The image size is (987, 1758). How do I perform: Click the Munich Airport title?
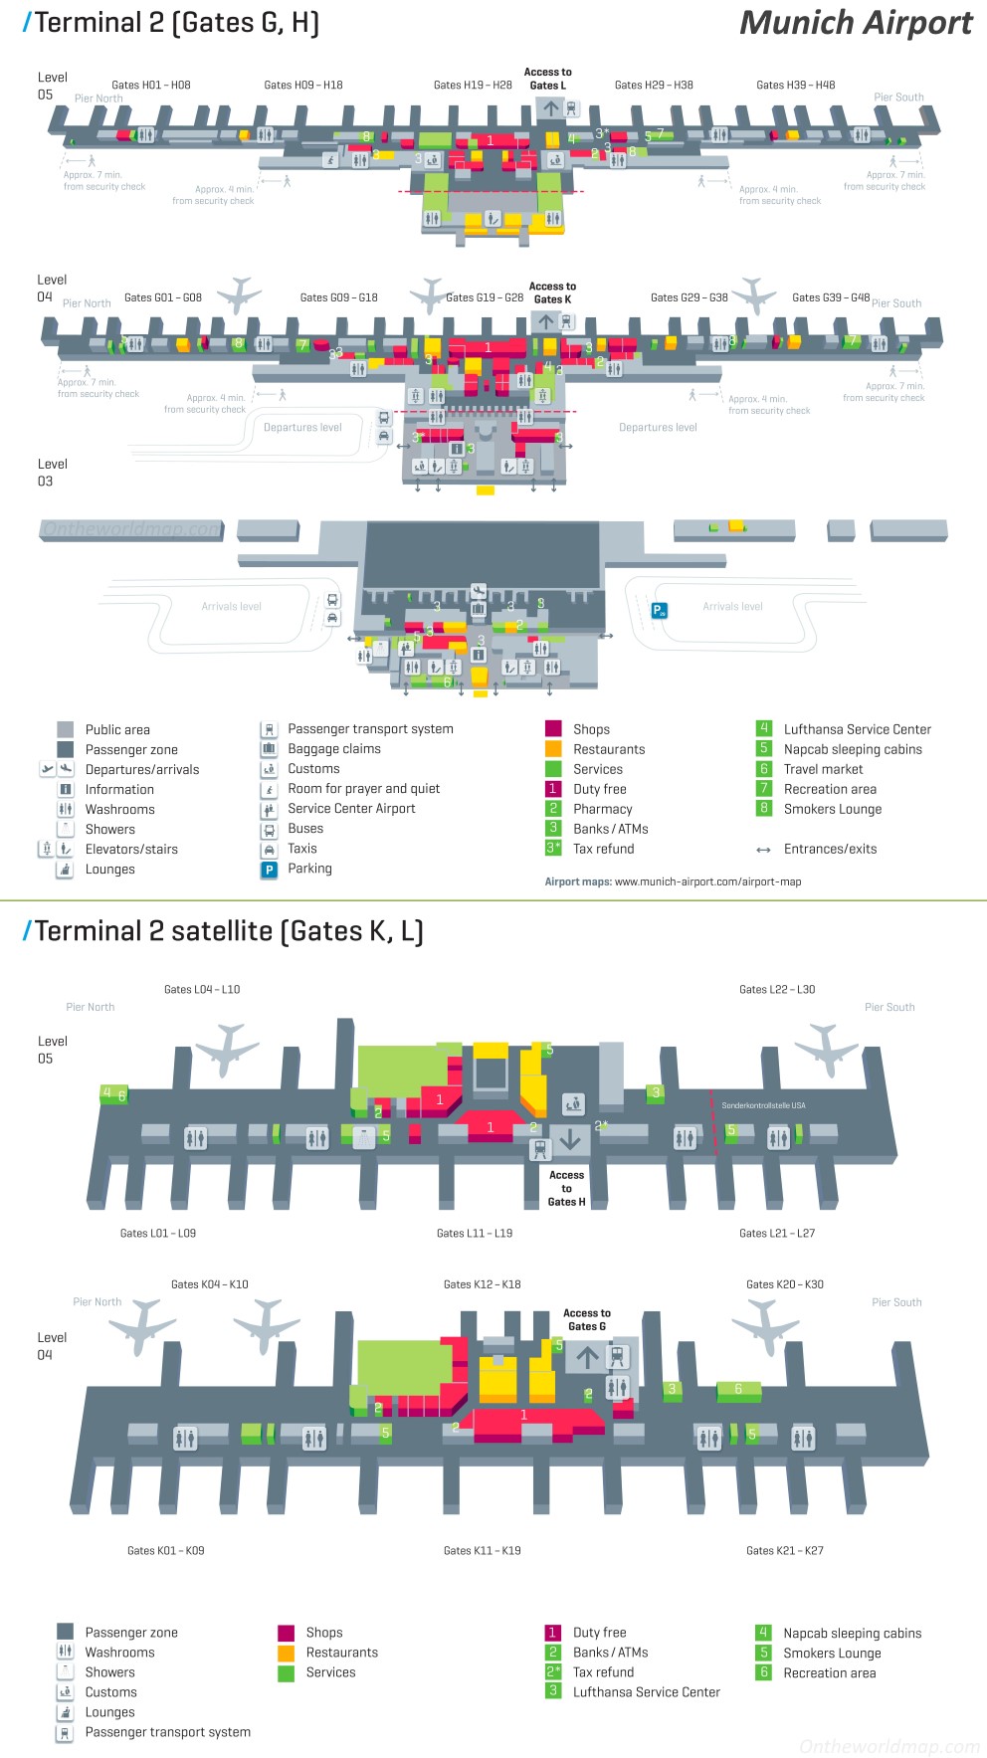click(x=856, y=23)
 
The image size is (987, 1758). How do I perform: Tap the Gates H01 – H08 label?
click(x=151, y=86)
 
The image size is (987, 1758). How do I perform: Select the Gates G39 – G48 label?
click(x=831, y=297)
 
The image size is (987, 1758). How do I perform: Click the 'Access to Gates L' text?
click(x=548, y=79)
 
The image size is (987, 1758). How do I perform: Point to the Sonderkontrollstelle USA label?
click(x=763, y=1105)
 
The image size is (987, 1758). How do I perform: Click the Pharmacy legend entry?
click(x=602, y=809)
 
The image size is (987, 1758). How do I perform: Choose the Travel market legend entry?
click(x=823, y=769)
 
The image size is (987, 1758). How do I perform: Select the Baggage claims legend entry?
click(x=334, y=749)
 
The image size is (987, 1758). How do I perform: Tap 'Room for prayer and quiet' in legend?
click(x=363, y=789)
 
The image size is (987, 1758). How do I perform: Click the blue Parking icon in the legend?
click(x=269, y=869)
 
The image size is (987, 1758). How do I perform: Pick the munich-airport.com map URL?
click(x=707, y=881)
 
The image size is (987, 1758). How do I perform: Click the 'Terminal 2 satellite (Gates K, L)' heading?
click(x=228, y=931)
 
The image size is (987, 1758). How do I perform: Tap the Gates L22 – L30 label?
click(x=777, y=990)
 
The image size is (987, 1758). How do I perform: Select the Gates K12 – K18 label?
click(x=483, y=1284)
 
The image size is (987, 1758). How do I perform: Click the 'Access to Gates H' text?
click(x=567, y=1188)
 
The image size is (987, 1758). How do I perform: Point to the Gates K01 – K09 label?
click(x=166, y=1551)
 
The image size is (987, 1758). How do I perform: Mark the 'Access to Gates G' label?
click(x=587, y=1319)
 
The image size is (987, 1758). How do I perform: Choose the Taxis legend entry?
click(x=302, y=849)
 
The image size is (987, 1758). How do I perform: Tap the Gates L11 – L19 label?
click(x=475, y=1234)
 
